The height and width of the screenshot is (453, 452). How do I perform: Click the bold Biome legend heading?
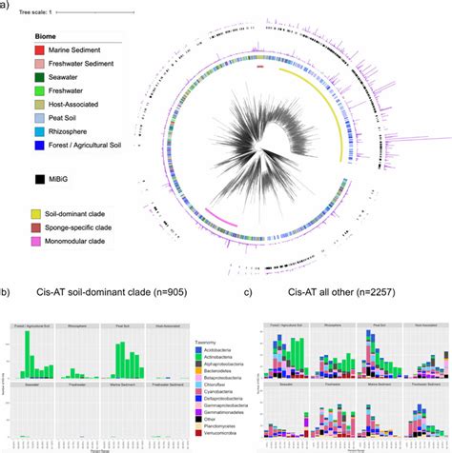(x=59, y=34)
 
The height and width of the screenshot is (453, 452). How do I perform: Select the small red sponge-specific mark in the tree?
(x=260, y=68)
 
